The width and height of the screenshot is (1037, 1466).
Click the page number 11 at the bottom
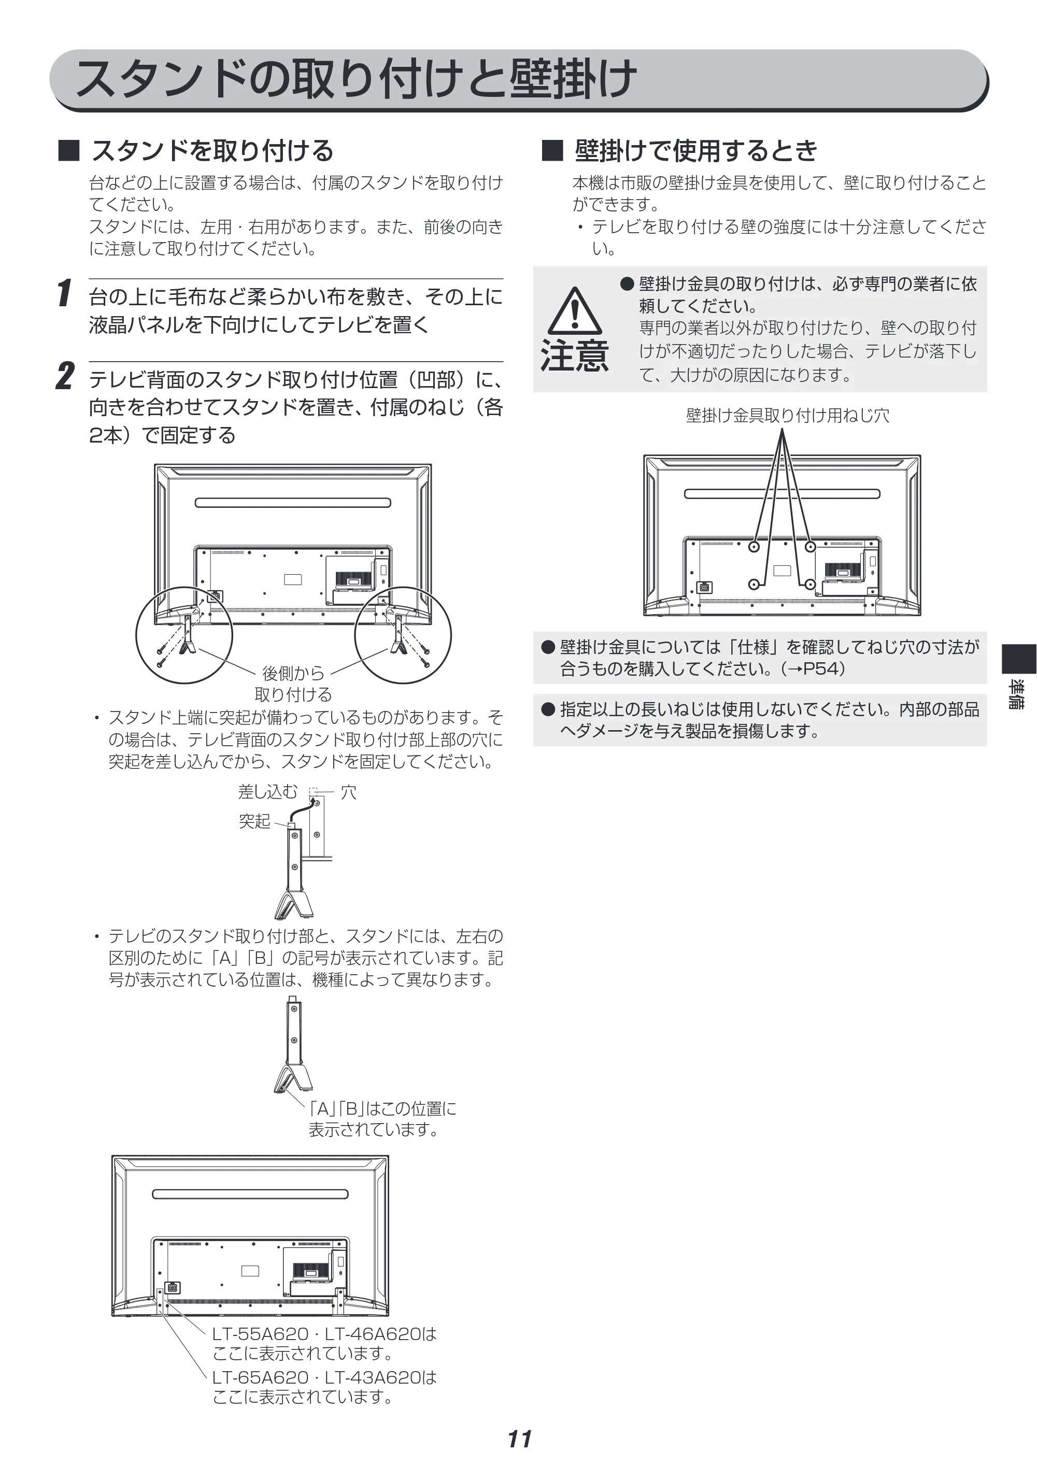point(520,1439)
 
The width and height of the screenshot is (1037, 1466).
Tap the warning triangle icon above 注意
point(575,311)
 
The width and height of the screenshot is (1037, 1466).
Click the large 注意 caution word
point(575,355)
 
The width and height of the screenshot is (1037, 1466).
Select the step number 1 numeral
point(64,293)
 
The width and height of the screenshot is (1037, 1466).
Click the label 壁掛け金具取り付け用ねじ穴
point(787,416)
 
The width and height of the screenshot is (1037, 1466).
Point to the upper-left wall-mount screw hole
point(754,547)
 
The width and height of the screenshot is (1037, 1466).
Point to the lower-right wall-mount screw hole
point(809,584)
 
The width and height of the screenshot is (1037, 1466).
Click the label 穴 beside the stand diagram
point(349,792)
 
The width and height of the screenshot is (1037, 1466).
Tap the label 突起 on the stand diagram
point(255,821)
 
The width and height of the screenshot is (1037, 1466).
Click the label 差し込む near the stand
point(267,792)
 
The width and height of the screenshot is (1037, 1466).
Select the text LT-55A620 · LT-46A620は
point(324,1334)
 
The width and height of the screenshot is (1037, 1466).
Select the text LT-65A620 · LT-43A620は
point(324,1377)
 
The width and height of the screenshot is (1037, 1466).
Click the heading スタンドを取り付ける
point(212,151)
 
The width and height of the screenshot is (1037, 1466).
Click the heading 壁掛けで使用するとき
point(696,151)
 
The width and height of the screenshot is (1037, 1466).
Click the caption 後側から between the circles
point(293,673)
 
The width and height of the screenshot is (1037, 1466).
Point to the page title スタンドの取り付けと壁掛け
point(356,79)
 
